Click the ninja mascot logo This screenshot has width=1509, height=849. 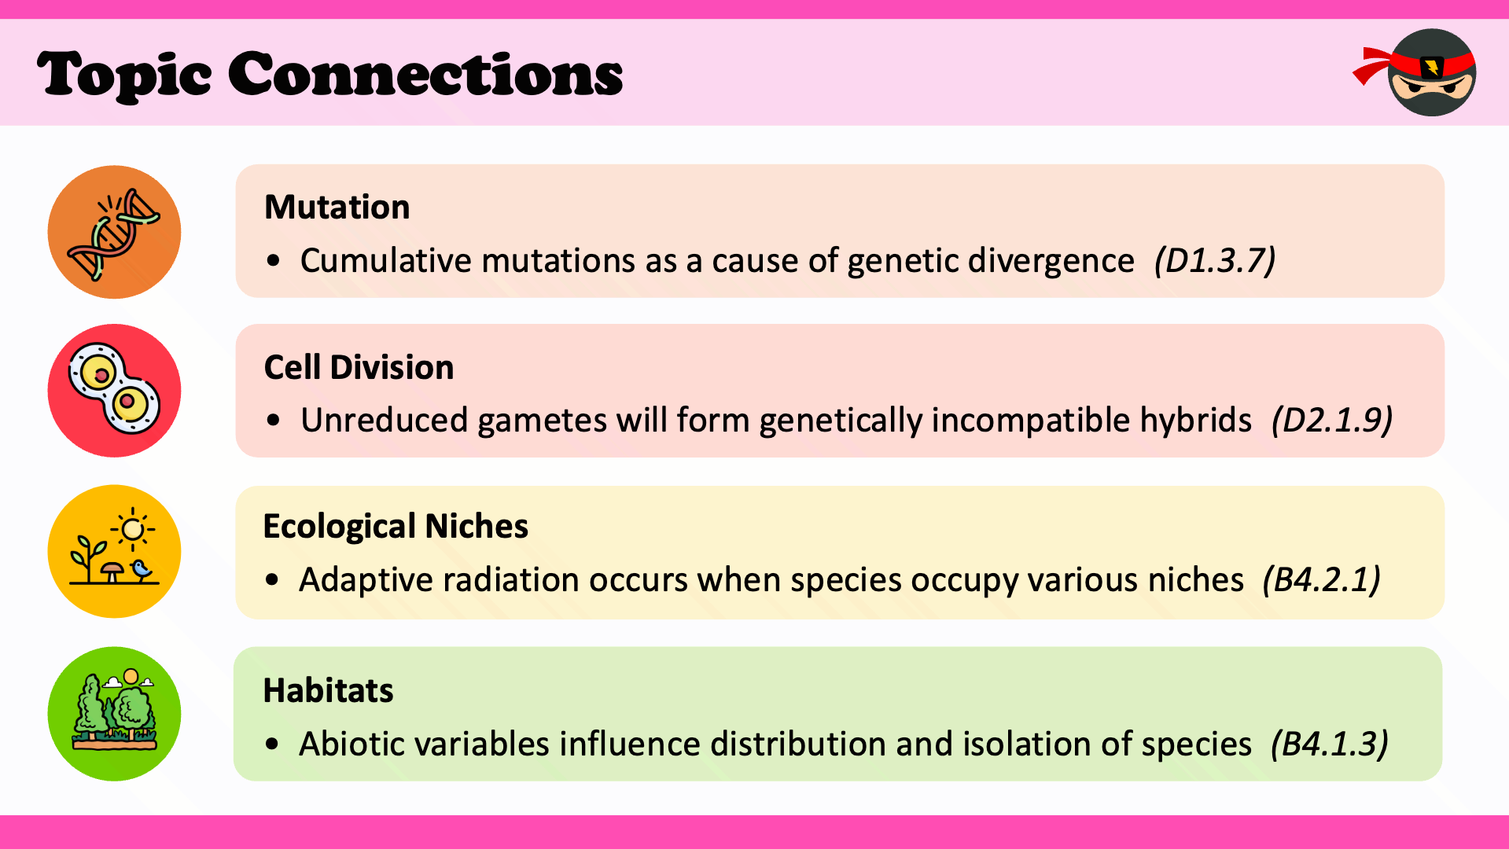coord(1415,72)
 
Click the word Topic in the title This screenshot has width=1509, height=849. coord(123,75)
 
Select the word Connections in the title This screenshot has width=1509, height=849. coord(425,74)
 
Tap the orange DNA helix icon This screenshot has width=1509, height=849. coord(114,232)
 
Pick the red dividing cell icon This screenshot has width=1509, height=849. coord(114,391)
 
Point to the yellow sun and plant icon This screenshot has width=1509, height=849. coord(114,551)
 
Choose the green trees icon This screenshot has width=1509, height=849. coord(114,714)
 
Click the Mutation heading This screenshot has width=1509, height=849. coord(337,208)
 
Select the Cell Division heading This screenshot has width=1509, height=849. coord(359,367)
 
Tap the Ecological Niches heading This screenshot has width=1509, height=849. coord(396,527)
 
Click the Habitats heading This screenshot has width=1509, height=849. coord(328,690)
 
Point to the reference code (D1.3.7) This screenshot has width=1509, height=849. coord(1215,261)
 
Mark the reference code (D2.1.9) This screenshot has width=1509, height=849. coord(1332,421)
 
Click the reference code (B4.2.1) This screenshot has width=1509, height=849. coord(1321,580)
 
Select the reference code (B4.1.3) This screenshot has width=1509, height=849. coord(1330,744)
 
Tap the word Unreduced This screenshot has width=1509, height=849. coord(385,421)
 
